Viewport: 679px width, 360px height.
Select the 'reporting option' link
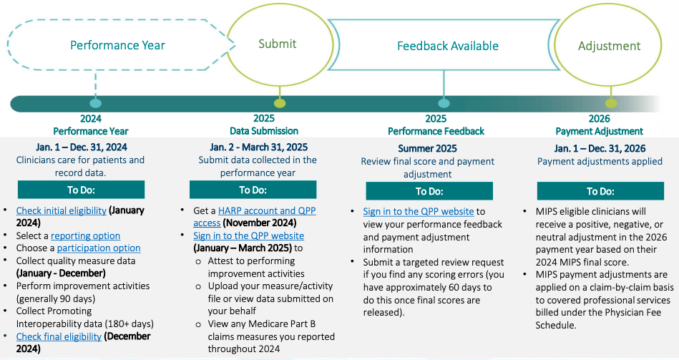click(85, 235)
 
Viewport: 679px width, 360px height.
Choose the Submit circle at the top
click(277, 44)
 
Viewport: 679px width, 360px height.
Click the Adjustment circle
click(609, 47)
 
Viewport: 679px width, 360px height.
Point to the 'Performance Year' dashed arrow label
click(117, 46)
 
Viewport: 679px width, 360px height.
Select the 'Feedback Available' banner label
click(448, 47)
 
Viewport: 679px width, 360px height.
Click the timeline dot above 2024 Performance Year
click(96, 103)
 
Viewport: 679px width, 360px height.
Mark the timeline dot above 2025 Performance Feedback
click(444, 103)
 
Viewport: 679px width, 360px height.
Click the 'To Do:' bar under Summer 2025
click(429, 191)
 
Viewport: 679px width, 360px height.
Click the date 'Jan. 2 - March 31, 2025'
click(258, 147)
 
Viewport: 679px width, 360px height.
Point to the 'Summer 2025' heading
click(426, 149)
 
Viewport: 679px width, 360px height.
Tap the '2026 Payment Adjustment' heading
click(599, 125)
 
